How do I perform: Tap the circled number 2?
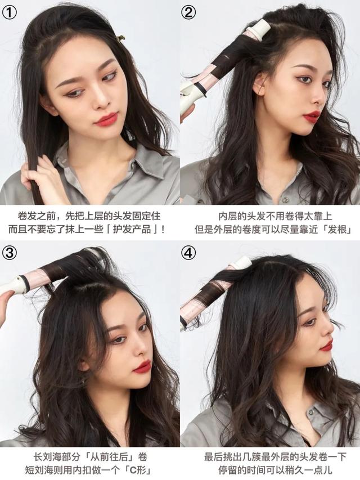click(x=188, y=12)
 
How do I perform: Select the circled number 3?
click(x=10, y=252)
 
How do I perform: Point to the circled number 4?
click(x=188, y=252)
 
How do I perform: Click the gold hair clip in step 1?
click(x=121, y=38)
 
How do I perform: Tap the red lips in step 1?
click(x=106, y=119)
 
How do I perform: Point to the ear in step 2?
click(x=259, y=84)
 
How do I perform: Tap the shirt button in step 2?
click(x=285, y=199)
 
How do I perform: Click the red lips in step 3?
click(x=143, y=366)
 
